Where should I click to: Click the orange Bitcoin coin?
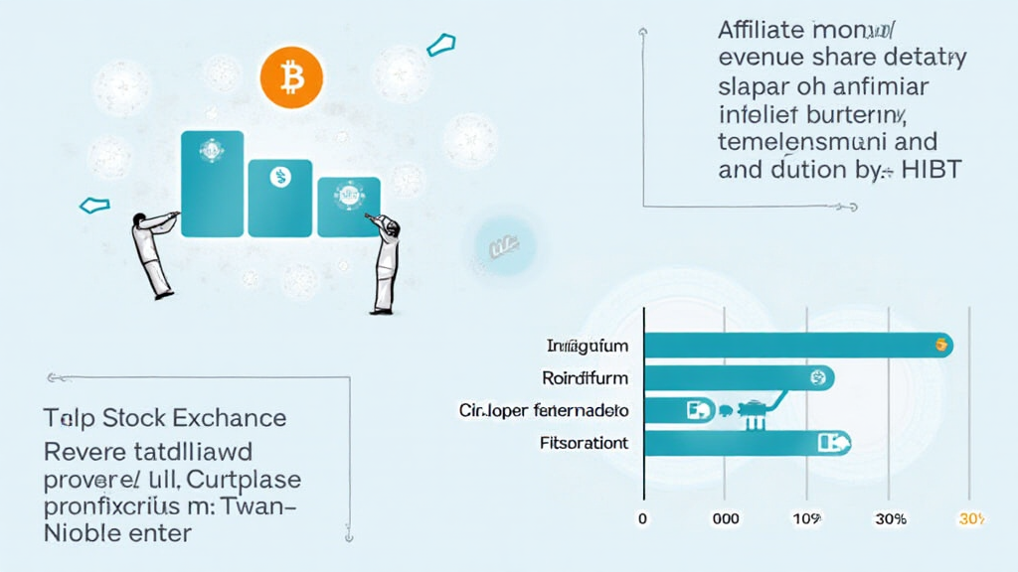point(292,76)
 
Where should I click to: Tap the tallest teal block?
point(212,183)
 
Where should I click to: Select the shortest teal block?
point(348,207)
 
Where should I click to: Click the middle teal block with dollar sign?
point(279,197)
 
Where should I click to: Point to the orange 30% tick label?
point(970,519)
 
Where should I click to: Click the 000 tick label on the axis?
point(724,519)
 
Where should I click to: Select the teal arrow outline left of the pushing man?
point(91,205)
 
